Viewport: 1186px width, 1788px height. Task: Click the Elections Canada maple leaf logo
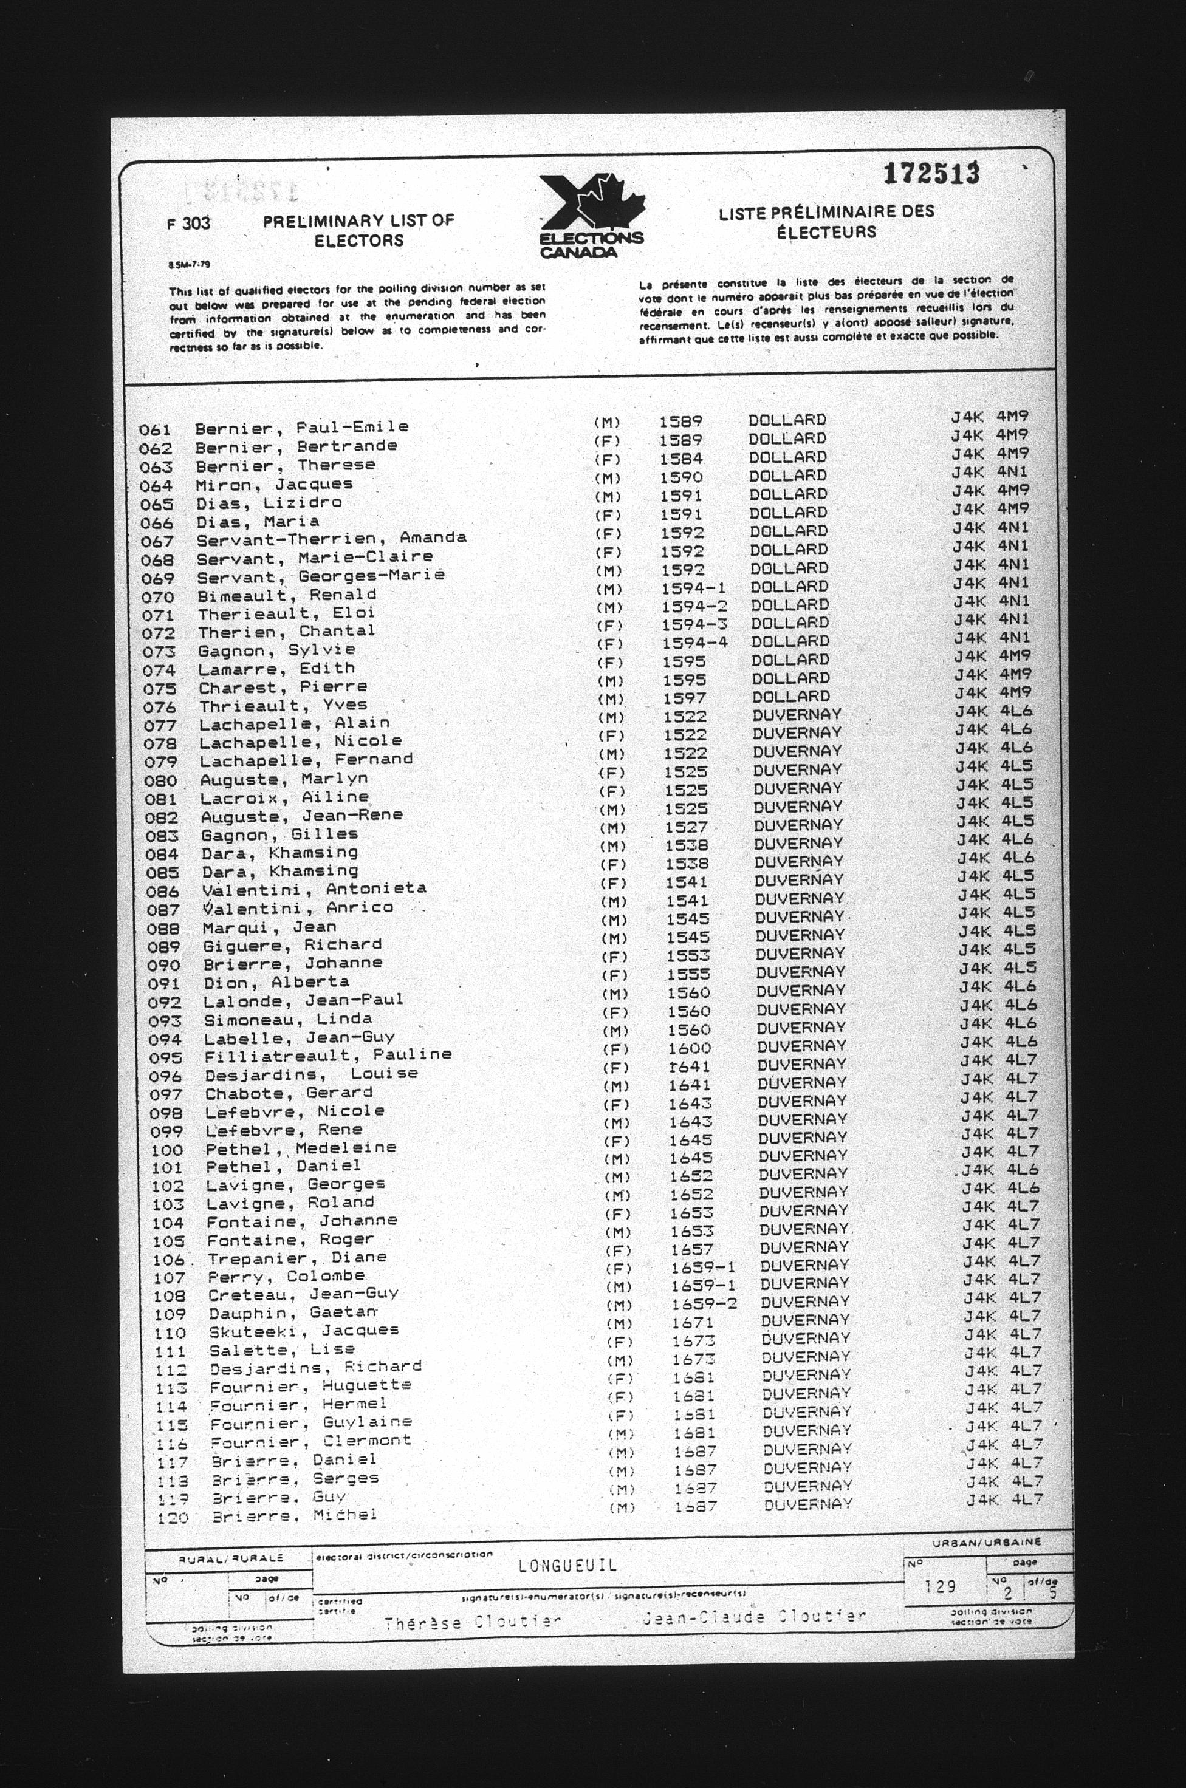[x=592, y=216]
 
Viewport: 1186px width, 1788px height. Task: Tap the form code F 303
[x=188, y=223]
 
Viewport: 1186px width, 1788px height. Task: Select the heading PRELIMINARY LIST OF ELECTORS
[x=358, y=231]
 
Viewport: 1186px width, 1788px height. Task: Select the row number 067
[x=157, y=541]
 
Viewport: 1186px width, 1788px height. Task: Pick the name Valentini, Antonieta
[x=314, y=889]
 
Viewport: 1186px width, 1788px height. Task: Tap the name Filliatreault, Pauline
[x=327, y=1056]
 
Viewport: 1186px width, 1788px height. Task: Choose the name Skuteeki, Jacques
[x=303, y=1331]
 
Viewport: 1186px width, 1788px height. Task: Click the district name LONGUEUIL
[x=567, y=1565]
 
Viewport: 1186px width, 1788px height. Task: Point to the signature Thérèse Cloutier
[x=472, y=1622]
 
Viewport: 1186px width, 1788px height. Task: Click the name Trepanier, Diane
[x=297, y=1258]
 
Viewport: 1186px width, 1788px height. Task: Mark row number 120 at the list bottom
[x=172, y=1517]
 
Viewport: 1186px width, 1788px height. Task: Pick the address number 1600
[x=689, y=1048]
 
